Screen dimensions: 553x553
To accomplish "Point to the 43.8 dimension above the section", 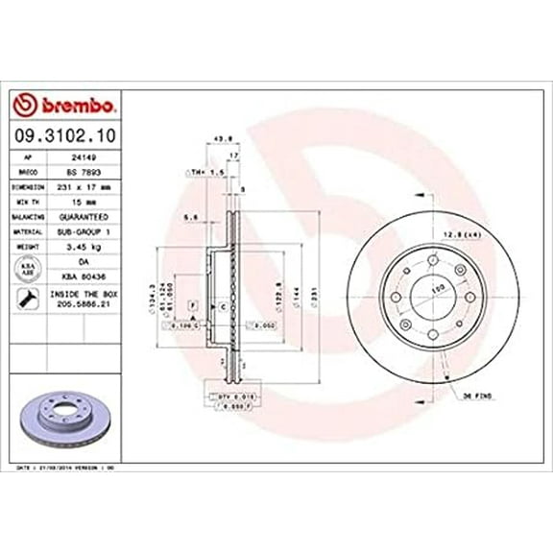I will pos(220,136).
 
